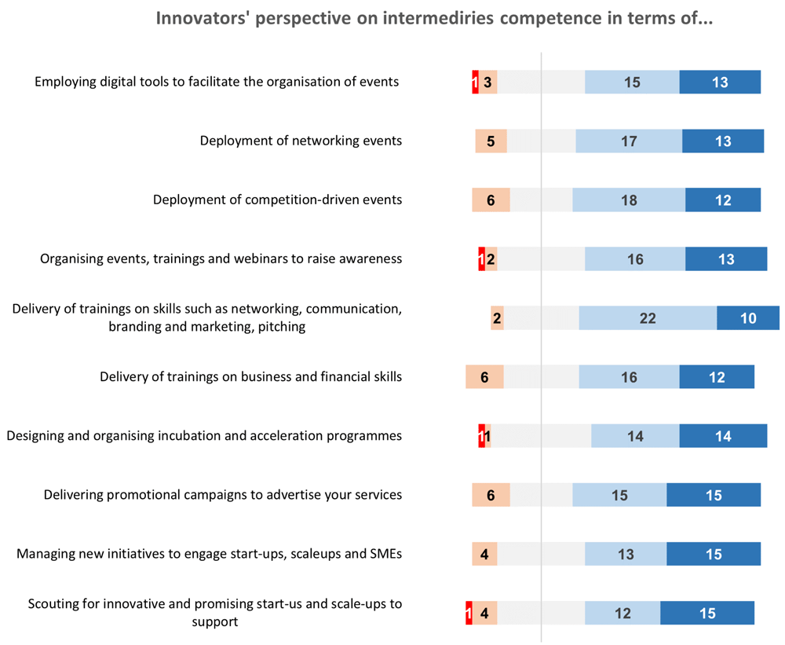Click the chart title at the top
coord(434,18)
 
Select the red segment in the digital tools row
coord(475,82)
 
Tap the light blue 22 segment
coord(648,318)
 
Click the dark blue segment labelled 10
coord(748,318)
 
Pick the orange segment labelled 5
coord(491,141)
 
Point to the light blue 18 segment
coord(629,200)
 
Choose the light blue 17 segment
coord(629,141)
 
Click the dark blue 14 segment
coord(723,436)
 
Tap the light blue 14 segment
coord(635,436)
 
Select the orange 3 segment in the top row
coord(487,82)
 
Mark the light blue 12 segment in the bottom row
coord(623,613)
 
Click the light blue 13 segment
coord(626,554)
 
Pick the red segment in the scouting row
coord(469,613)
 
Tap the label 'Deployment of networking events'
coord(301,141)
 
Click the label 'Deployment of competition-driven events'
coord(277,200)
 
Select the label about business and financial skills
coord(251,377)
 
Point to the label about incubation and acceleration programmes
coord(204,436)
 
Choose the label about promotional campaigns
coord(223,495)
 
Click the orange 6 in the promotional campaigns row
coord(491,495)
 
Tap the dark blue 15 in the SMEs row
coord(714,554)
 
